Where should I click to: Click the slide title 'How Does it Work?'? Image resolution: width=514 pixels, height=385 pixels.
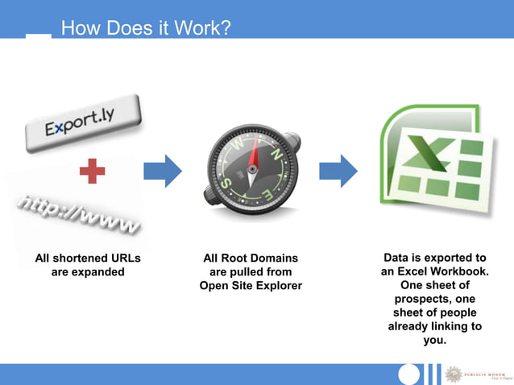click(146, 29)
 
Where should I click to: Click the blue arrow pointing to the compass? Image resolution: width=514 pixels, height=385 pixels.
click(163, 170)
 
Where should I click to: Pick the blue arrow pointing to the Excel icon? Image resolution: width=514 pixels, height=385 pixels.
click(338, 170)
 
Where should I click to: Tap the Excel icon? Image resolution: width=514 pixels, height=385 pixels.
click(433, 164)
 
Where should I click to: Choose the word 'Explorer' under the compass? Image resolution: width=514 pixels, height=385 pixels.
click(278, 286)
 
